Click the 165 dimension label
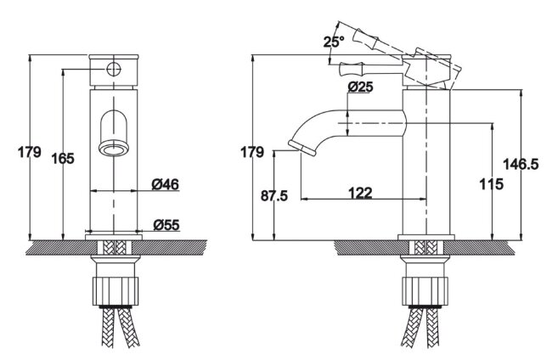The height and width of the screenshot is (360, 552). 63,159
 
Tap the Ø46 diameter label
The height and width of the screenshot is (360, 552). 165,184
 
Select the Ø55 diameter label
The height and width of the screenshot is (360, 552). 166,224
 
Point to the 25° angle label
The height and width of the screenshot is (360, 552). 334,42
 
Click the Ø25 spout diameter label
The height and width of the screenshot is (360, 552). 360,87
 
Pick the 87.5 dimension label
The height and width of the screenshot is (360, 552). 274,195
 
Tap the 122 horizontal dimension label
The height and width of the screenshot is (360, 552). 360,193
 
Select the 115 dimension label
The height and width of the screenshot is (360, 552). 492,183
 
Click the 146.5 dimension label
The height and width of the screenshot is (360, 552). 521,164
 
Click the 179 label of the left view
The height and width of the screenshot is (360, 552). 30,152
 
